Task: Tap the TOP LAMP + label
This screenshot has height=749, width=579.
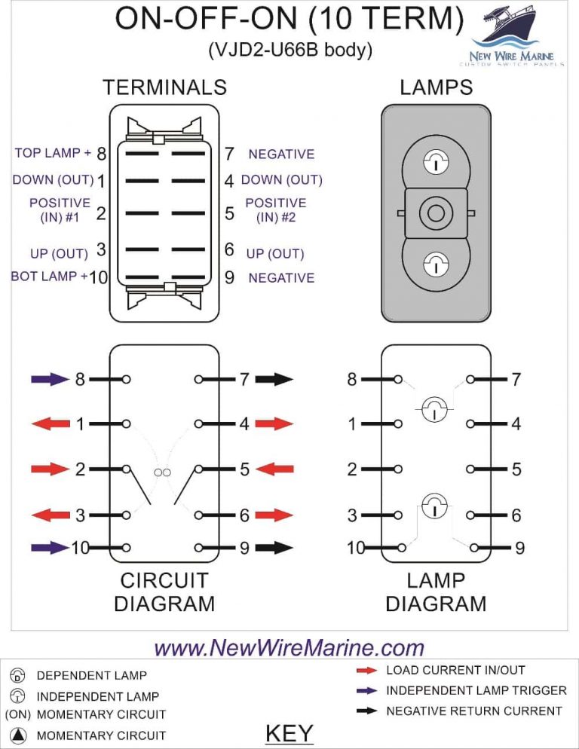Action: tap(52, 153)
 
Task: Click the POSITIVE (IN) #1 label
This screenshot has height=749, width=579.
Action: tap(60, 209)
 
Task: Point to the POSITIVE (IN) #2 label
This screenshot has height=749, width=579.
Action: tap(276, 209)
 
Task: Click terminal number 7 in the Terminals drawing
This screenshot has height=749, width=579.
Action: tap(229, 154)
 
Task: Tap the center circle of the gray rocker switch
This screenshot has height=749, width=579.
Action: tap(436, 214)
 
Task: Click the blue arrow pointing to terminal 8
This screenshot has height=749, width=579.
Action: tap(49, 379)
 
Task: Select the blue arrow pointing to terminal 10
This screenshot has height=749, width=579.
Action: tap(49, 548)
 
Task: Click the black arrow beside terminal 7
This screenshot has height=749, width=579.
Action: tap(274, 379)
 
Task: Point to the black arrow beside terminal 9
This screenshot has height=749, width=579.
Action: tap(274, 548)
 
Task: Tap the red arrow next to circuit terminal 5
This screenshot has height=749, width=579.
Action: tap(274, 469)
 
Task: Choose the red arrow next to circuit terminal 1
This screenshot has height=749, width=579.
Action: tap(49, 424)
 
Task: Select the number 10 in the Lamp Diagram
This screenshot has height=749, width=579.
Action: tap(356, 549)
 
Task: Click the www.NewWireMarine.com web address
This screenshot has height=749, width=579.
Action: tap(289, 647)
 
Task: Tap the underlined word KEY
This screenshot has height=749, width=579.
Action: tap(289, 732)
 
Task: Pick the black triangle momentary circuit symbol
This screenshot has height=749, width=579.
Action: tap(20, 735)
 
